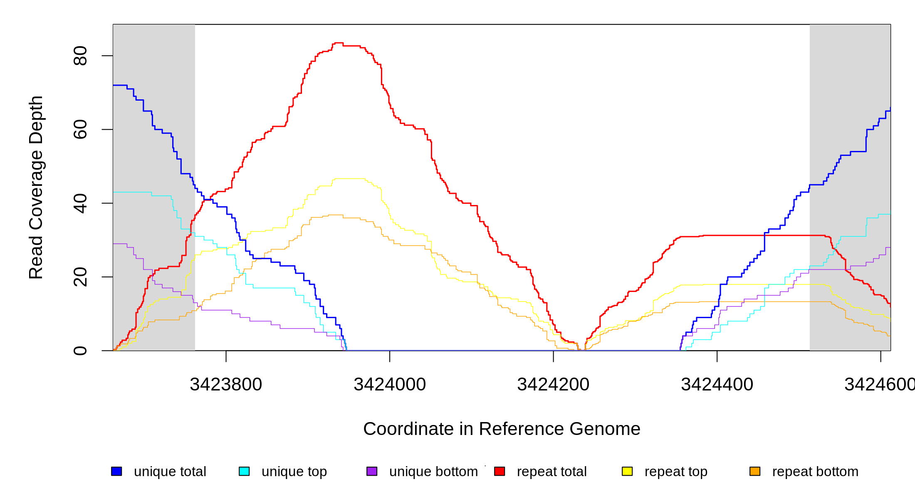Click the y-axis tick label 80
pyautogui.click(x=80, y=56)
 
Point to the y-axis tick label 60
pyautogui.click(x=80, y=129)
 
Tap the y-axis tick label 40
pyautogui.click(x=80, y=203)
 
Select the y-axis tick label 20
pyautogui.click(x=80, y=277)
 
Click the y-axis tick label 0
pyautogui.click(x=80, y=351)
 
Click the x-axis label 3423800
pyautogui.click(x=226, y=385)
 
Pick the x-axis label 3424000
pyautogui.click(x=390, y=385)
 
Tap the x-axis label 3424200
pyautogui.click(x=553, y=385)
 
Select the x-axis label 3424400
pyautogui.click(x=717, y=385)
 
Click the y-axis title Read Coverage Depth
pyautogui.click(x=36, y=187)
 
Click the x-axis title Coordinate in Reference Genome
pyautogui.click(x=502, y=429)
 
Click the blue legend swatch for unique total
pyautogui.click(x=116, y=471)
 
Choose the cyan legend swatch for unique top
pyautogui.click(x=244, y=471)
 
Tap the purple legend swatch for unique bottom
pyautogui.click(x=372, y=471)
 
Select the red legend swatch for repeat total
pyautogui.click(x=500, y=471)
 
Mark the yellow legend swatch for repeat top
pyautogui.click(x=627, y=471)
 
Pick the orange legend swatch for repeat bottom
pyautogui.click(x=755, y=471)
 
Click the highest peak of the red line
pyautogui.click(x=339, y=43)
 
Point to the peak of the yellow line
pyautogui.click(x=349, y=179)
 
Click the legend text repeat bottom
pyautogui.click(x=815, y=472)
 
